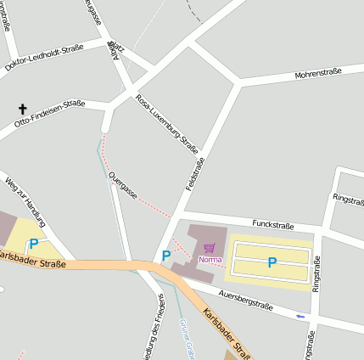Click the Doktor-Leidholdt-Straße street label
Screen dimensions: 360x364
click(x=44, y=58)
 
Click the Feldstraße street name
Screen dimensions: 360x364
click(x=195, y=175)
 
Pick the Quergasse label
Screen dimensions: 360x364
click(x=123, y=184)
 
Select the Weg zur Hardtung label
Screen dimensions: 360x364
click(x=25, y=202)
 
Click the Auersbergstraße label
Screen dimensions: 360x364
click(x=245, y=300)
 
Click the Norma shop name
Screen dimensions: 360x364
click(x=210, y=259)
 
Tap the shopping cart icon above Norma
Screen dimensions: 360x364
click(x=210, y=248)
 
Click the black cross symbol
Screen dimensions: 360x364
click(x=22, y=110)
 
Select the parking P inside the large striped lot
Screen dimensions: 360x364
click(x=272, y=263)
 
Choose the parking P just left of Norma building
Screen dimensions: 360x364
click(x=166, y=255)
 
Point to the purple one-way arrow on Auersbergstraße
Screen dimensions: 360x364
click(x=300, y=316)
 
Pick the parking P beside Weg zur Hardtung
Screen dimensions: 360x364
click(x=34, y=244)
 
